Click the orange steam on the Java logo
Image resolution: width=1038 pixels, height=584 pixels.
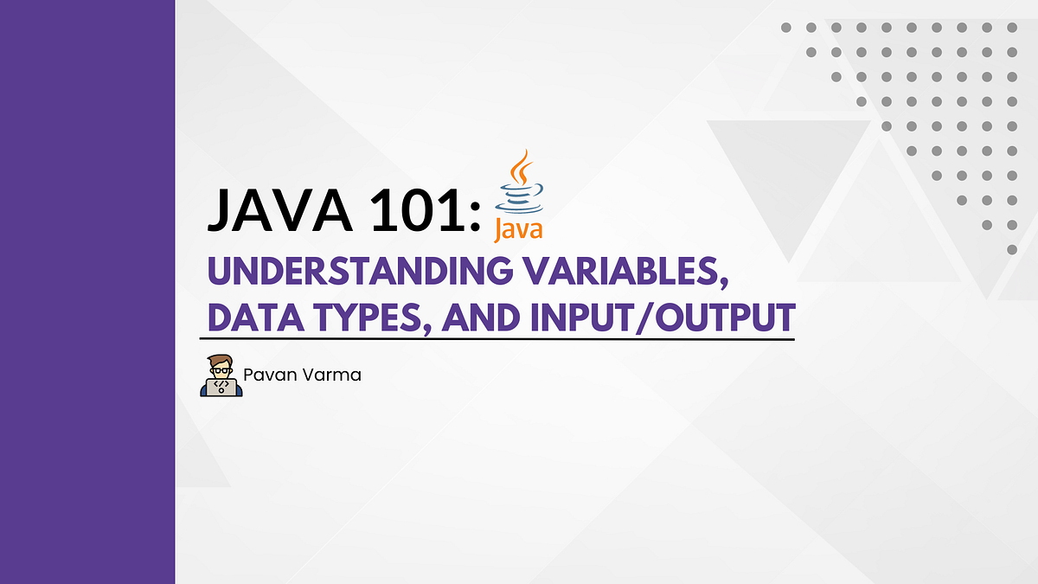click(x=519, y=166)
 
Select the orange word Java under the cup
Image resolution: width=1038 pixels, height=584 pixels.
click(x=519, y=229)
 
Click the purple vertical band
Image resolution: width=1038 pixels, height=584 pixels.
click(x=86, y=292)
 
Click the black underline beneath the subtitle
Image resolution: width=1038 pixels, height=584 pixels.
click(x=497, y=339)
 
